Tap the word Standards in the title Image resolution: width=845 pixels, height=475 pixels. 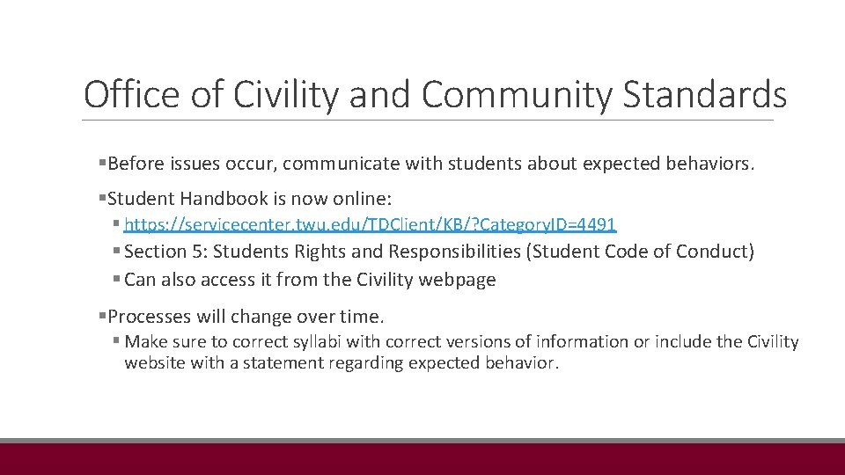(704, 94)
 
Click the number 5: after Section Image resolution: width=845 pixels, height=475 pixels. (200, 252)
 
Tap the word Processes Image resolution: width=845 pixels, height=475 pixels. (146, 316)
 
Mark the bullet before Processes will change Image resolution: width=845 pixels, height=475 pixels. (102, 316)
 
